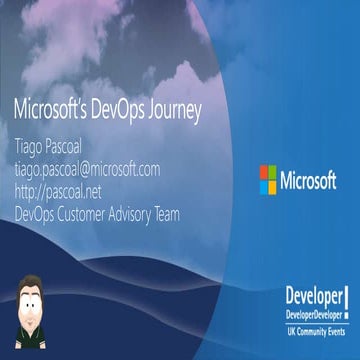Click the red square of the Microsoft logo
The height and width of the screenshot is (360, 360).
(x=264, y=173)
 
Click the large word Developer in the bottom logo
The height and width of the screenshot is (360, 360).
(x=312, y=297)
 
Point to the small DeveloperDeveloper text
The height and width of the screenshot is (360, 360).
(x=312, y=313)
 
